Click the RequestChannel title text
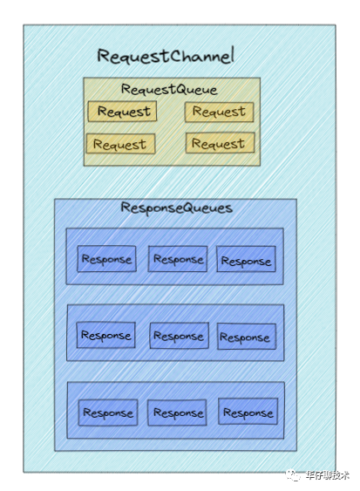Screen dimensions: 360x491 (x=166, y=56)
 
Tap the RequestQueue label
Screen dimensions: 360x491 (x=169, y=90)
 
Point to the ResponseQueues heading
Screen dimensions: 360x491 (x=177, y=208)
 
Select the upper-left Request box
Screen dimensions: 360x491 (x=122, y=111)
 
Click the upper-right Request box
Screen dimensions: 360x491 (x=219, y=112)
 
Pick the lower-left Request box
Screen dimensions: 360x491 (x=120, y=144)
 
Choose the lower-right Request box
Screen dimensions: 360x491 (x=220, y=143)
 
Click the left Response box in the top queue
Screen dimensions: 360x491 (x=106, y=259)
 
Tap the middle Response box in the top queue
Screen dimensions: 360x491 (x=178, y=259)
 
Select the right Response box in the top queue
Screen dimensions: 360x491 (x=246, y=259)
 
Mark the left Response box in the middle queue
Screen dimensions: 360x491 (x=106, y=335)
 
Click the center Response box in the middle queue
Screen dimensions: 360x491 (x=179, y=336)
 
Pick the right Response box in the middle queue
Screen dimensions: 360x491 (x=247, y=337)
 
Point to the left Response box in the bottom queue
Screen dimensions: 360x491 (x=108, y=413)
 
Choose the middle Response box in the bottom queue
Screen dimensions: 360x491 (x=177, y=413)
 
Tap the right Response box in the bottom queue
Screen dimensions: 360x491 (x=248, y=412)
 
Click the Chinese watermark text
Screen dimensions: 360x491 (x=328, y=475)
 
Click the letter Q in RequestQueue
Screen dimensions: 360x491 (x=174, y=90)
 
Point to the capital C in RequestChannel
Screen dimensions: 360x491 (x=176, y=56)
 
